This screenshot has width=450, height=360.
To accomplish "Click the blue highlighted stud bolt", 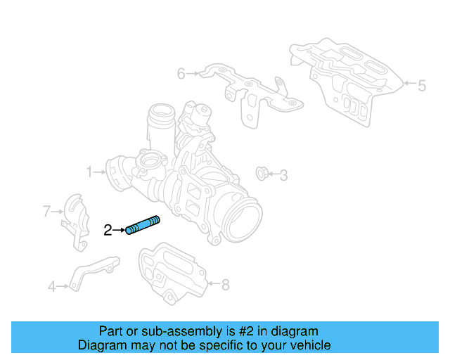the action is [143, 226].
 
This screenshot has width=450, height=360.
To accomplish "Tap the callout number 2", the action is [108, 229].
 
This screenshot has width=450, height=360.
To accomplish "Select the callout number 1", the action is [90, 171].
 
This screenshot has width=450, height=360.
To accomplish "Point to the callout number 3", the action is [283, 174].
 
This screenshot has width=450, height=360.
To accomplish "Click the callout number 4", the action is [51, 286].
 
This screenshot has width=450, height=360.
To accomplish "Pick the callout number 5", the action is [421, 86].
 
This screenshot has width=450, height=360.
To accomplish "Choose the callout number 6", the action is [181, 73].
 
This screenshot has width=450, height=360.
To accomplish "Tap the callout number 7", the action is [47, 210].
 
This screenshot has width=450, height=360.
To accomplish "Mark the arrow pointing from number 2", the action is [120, 229].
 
